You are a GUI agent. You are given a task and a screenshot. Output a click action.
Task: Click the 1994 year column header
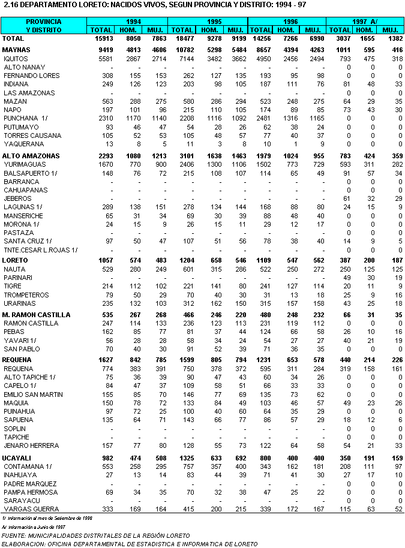point(128,21)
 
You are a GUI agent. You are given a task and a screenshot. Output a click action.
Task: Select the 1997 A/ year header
point(365,21)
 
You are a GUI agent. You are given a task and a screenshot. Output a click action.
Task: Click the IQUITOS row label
point(17,58)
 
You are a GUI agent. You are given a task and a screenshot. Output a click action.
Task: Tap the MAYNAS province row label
point(16,49)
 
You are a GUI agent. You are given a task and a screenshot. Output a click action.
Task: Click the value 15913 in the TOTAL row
point(102,38)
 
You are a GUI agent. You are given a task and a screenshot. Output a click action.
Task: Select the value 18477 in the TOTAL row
point(182,38)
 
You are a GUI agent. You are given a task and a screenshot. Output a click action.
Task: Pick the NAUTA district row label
point(14,269)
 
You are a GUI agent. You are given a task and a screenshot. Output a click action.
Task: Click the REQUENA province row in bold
point(17,359)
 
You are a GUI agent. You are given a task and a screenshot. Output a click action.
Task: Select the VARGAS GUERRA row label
point(27,509)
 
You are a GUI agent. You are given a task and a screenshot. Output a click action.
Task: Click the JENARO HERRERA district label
point(31,445)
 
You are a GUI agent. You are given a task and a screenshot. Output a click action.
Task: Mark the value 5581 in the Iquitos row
point(102,58)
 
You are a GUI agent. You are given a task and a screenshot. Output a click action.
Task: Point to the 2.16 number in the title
point(11,5)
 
